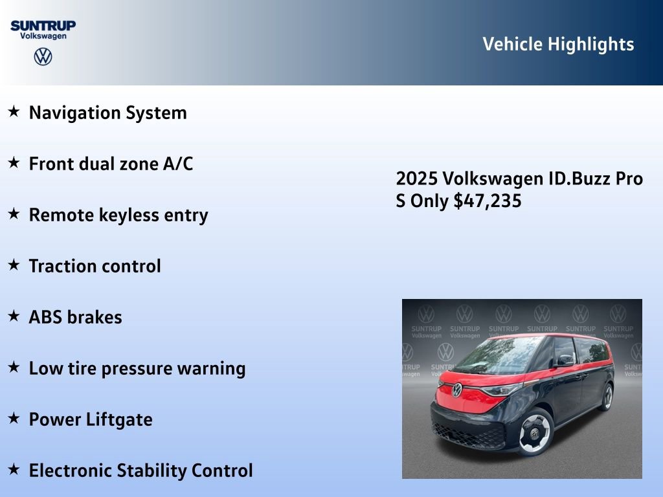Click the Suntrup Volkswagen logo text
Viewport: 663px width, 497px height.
43,30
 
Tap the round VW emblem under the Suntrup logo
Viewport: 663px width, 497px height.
43,57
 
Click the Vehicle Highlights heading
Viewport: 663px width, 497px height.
558,44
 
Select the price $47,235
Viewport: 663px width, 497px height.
488,201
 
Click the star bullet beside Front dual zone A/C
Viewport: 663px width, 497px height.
14,163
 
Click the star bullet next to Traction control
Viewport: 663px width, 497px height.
14,265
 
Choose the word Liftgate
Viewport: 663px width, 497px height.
119,419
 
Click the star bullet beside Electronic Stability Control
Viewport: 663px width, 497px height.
14,469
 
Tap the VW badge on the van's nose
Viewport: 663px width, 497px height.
457,390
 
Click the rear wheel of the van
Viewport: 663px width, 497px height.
607,396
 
